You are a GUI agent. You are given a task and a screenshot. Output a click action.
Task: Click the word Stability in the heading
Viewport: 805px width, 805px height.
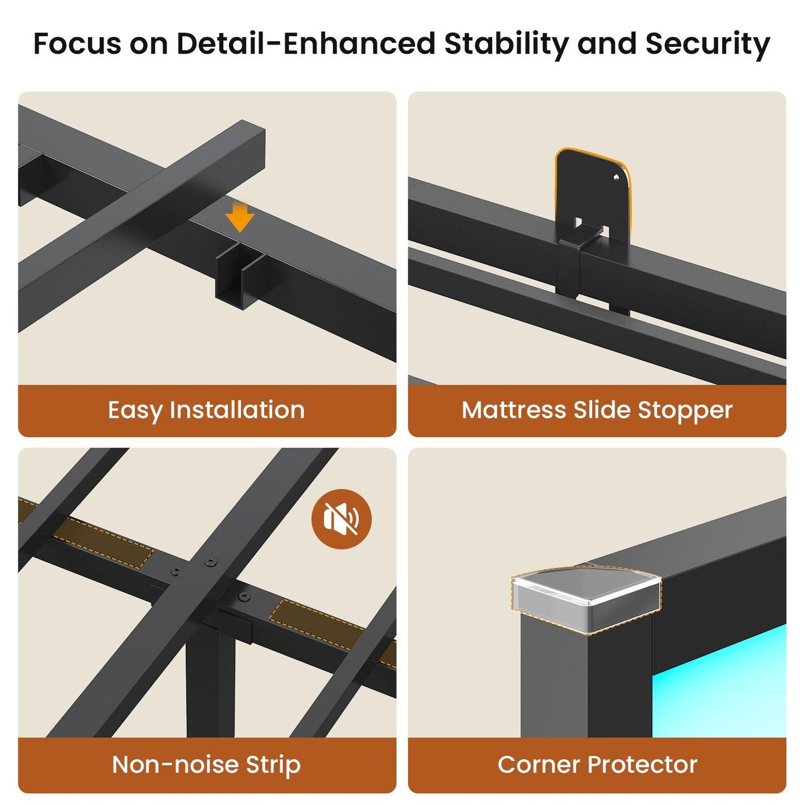tap(506, 44)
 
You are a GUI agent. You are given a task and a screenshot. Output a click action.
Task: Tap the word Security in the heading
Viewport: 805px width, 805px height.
tap(708, 44)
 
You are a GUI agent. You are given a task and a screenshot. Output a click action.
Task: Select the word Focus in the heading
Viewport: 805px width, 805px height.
tap(78, 43)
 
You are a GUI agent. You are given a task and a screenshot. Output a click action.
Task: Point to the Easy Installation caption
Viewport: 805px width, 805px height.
tap(206, 411)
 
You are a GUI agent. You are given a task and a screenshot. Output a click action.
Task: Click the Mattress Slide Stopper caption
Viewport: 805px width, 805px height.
tap(597, 410)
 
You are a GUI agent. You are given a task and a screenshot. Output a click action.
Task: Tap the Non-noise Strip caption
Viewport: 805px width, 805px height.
tap(206, 764)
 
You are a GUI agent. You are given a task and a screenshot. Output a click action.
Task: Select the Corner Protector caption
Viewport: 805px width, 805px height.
tap(597, 764)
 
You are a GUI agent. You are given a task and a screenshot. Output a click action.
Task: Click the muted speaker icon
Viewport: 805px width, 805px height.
tap(341, 519)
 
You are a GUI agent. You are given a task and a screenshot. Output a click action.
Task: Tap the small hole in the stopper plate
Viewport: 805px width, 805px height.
tap(617, 178)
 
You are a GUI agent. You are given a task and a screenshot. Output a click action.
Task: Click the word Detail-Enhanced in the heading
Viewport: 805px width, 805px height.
tap(306, 43)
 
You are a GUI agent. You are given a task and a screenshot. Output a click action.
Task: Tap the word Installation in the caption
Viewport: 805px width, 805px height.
tap(237, 409)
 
